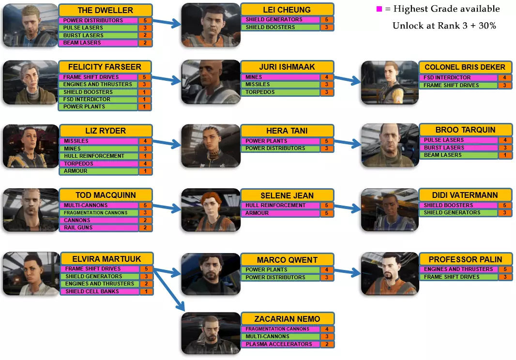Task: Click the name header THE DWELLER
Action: coord(105,11)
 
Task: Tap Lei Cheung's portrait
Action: coord(211,25)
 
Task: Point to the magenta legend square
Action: coord(379,9)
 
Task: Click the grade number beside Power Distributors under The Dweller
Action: coord(145,21)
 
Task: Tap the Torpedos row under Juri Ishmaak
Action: coord(280,92)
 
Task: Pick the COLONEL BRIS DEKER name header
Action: coord(464,67)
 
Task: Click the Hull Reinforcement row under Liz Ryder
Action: coord(99,156)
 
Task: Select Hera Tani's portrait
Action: coord(211,146)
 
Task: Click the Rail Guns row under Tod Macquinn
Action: coord(99,227)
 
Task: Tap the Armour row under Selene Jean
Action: coord(280,213)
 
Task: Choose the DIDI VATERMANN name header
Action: coord(464,195)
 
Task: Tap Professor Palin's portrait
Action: coord(390,273)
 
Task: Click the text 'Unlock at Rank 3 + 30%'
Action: coord(444,26)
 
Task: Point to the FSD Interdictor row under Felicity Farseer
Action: coord(99,99)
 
